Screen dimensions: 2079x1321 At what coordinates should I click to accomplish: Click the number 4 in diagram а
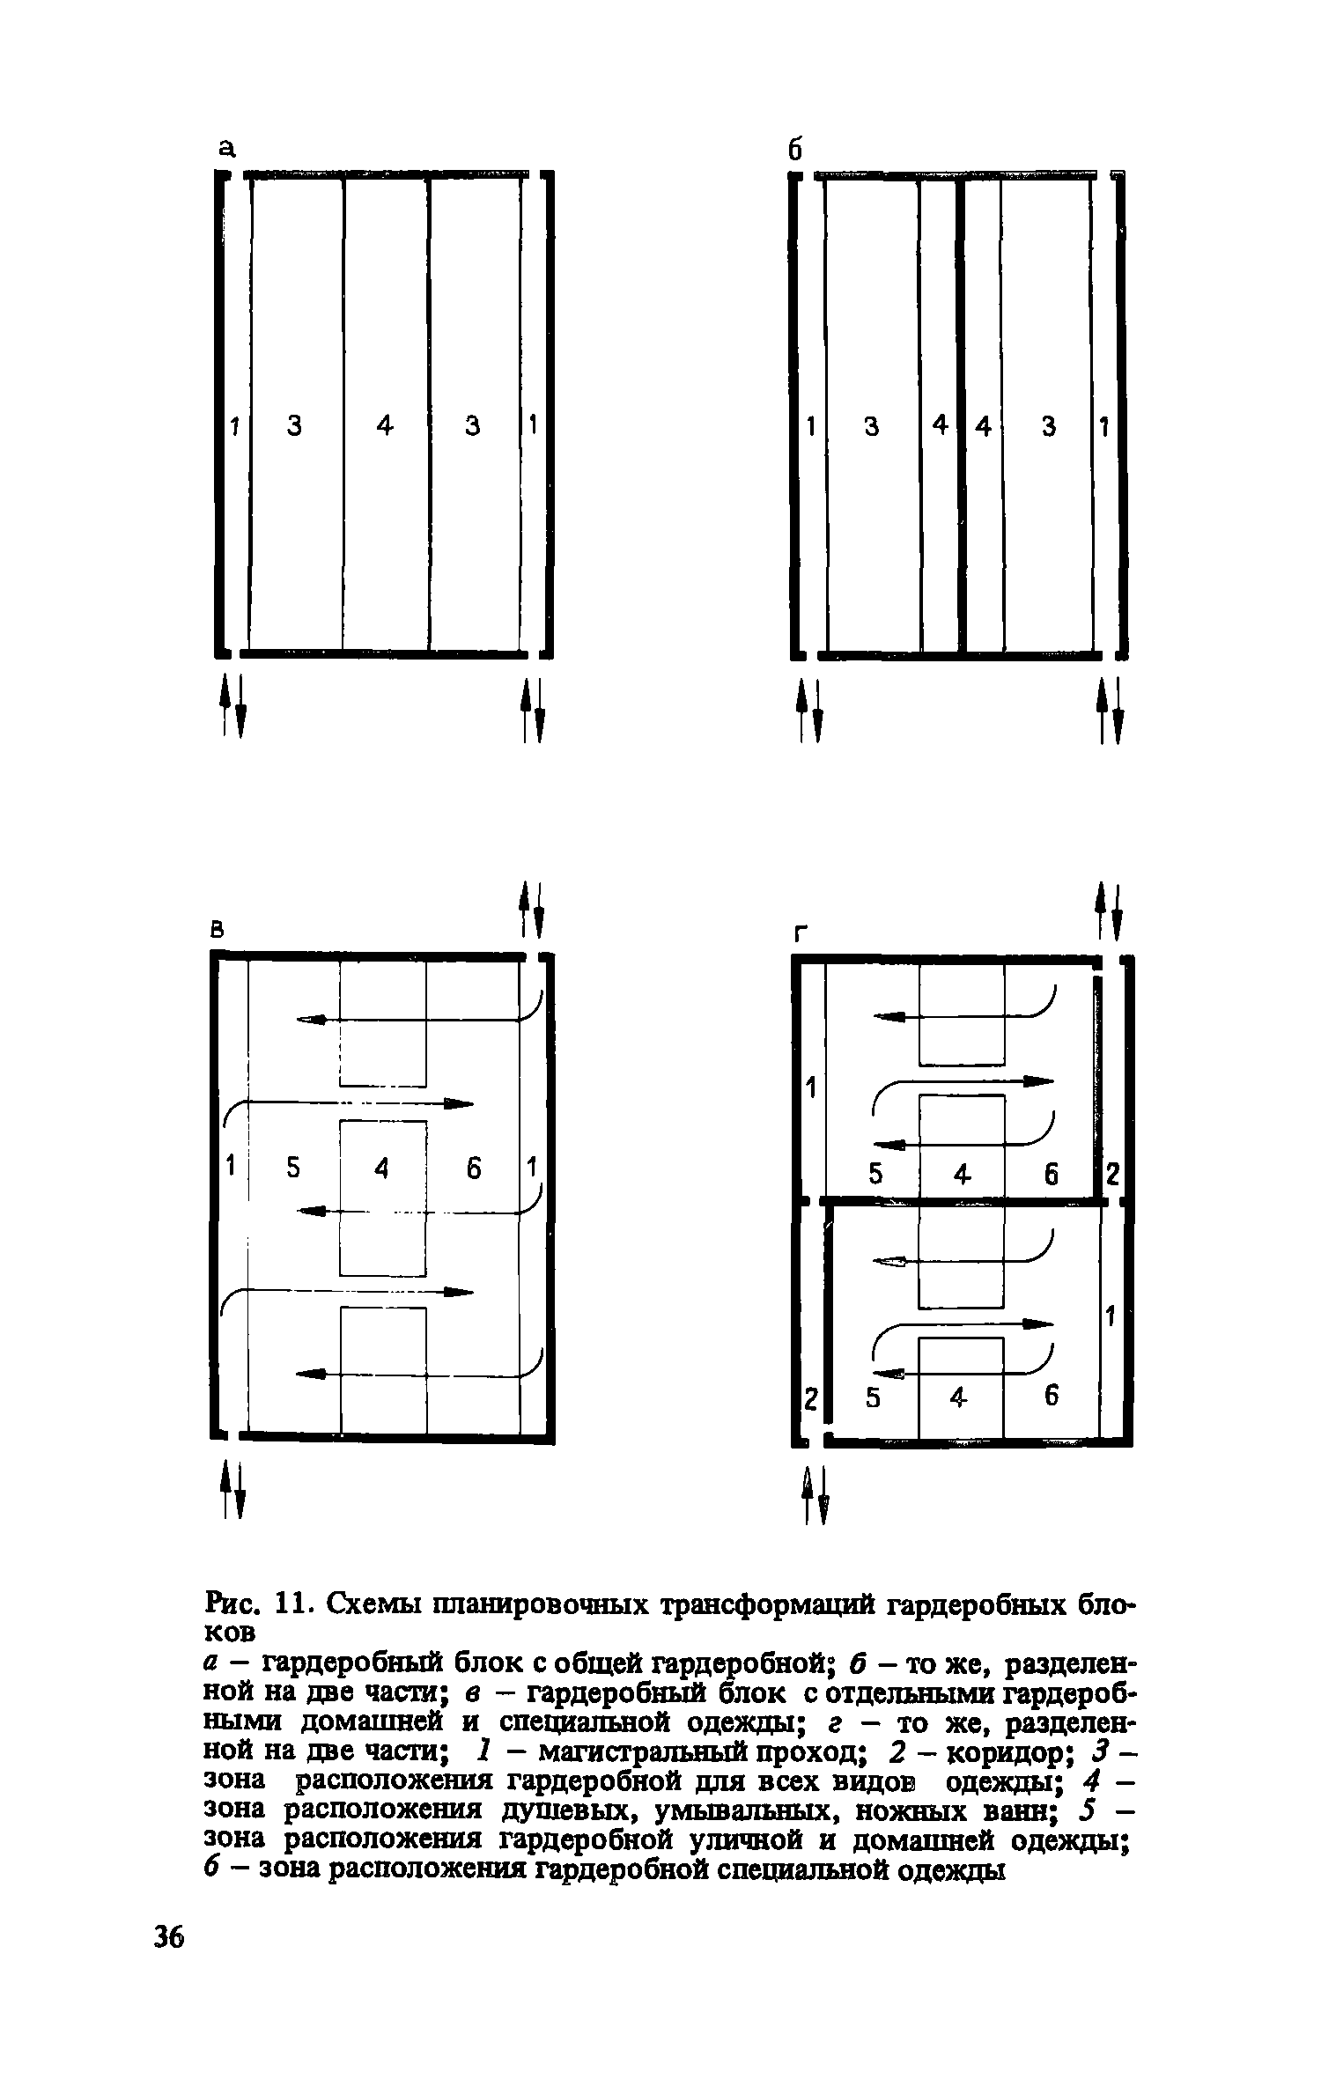pyautogui.click(x=385, y=426)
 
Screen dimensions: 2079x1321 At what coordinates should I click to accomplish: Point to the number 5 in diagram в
pyautogui.click(x=293, y=1168)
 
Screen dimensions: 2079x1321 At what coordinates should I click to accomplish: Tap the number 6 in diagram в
pyautogui.click(x=474, y=1169)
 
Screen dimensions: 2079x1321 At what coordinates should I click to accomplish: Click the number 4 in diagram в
pyautogui.click(x=381, y=1169)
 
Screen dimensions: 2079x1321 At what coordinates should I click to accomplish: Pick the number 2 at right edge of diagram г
pyautogui.click(x=1111, y=1175)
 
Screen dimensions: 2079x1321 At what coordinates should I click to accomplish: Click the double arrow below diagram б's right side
pyautogui.click(x=1110, y=710)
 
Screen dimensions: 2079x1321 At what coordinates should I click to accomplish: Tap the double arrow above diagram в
pyautogui.click(x=531, y=910)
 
